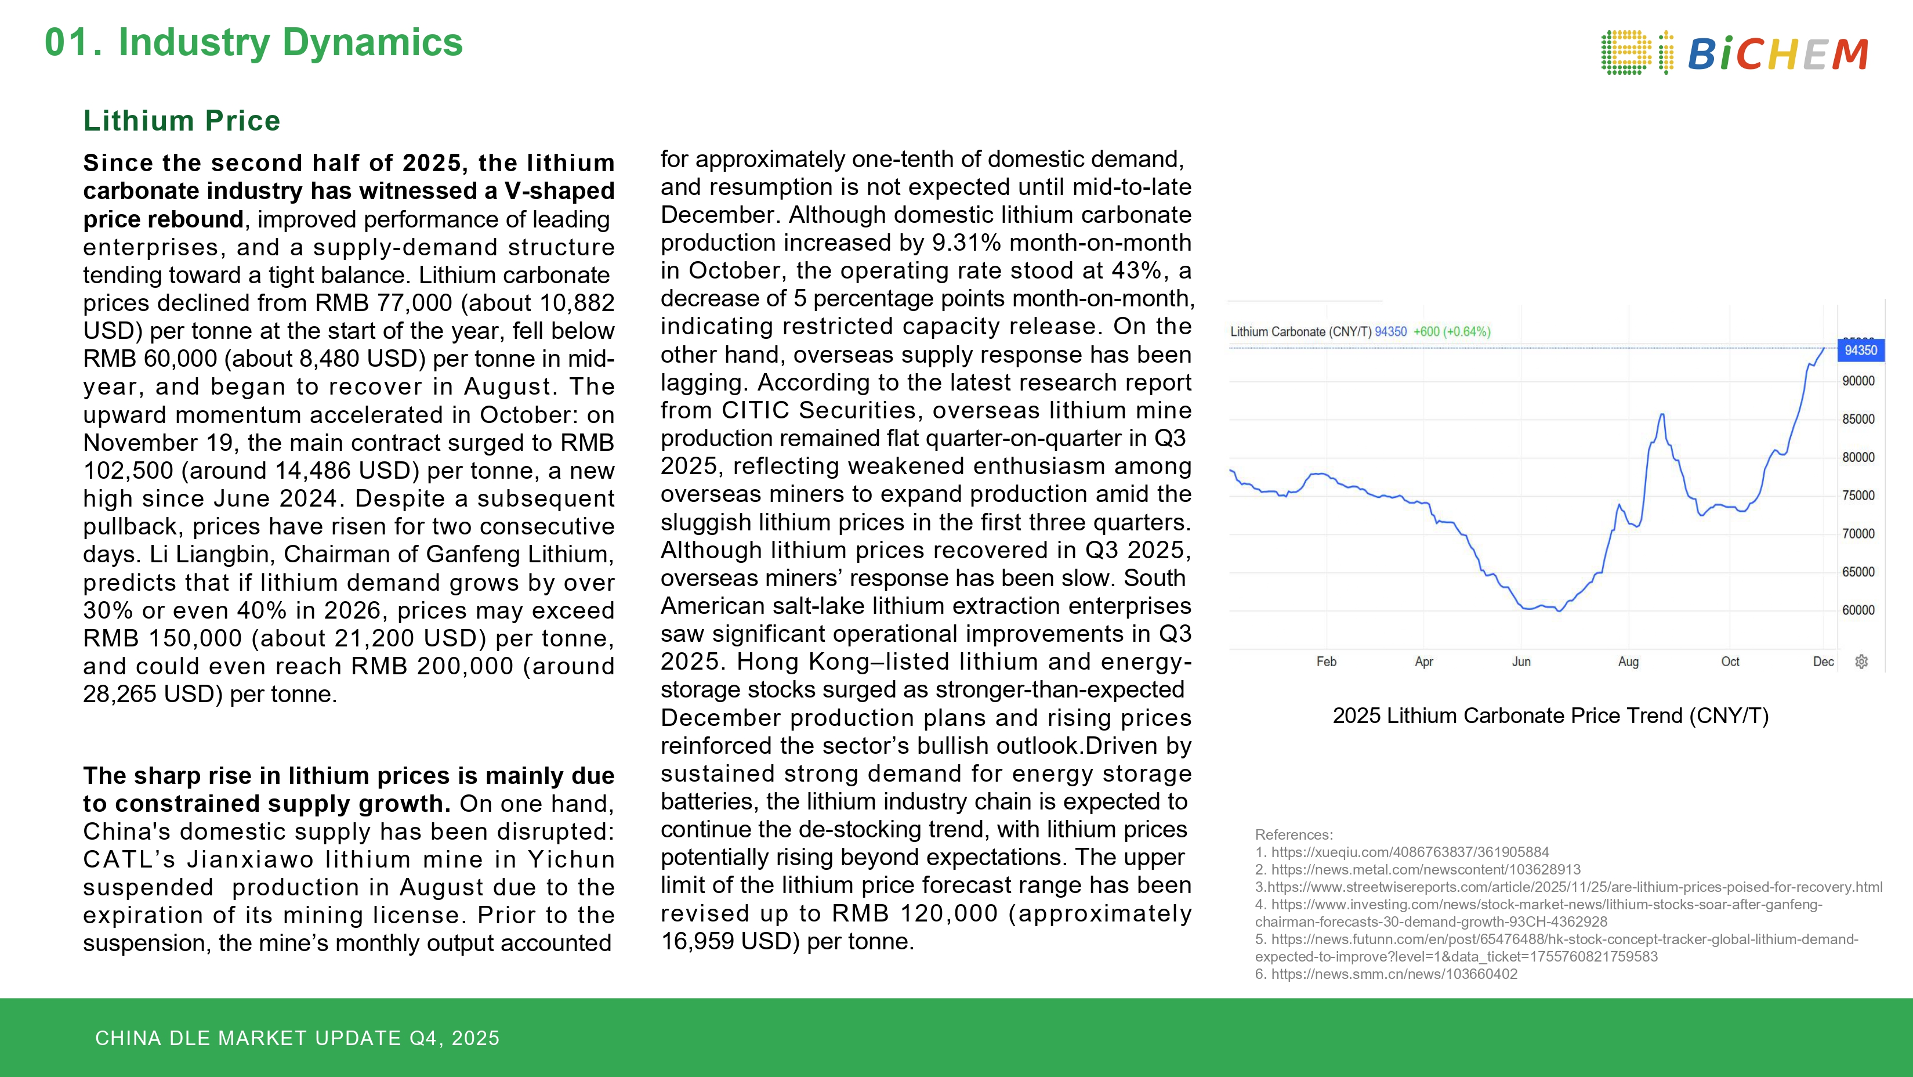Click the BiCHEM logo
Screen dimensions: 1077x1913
(x=1734, y=53)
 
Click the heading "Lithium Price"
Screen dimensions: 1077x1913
(x=182, y=120)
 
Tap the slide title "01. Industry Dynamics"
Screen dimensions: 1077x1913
(x=253, y=42)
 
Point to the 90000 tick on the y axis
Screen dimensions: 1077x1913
(x=1858, y=381)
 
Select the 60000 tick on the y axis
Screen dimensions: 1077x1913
(x=1858, y=610)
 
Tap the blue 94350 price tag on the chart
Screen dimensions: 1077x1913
(x=1860, y=350)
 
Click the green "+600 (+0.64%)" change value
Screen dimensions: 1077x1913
(x=1451, y=332)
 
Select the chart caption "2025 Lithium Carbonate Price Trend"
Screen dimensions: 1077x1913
(x=1550, y=716)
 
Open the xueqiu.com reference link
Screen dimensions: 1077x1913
(x=1410, y=852)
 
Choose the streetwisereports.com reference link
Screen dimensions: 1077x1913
(x=1574, y=887)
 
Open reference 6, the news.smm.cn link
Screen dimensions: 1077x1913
(x=1393, y=974)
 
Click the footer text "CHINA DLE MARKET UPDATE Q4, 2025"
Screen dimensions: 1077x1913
(x=297, y=1038)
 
